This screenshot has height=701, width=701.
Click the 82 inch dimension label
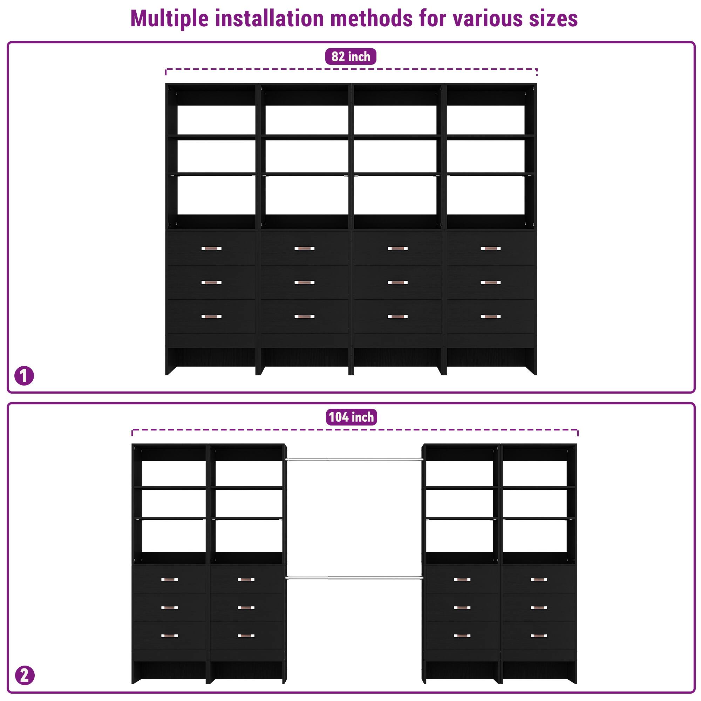[x=350, y=56]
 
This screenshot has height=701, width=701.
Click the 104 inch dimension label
[x=351, y=417]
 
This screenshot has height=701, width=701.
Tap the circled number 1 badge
[x=24, y=376]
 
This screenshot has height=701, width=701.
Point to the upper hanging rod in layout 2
[x=354, y=460]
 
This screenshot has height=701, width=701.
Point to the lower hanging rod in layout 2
[x=354, y=578]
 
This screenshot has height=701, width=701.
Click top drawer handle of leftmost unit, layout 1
[x=211, y=249]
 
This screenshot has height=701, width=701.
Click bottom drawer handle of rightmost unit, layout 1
[x=491, y=317]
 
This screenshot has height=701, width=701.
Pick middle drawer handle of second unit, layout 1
[x=305, y=282]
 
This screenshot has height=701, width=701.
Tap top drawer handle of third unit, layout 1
[x=397, y=249]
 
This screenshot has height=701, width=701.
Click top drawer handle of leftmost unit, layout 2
[x=169, y=579]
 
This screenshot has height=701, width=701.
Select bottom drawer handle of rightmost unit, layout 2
[x=538, y=636]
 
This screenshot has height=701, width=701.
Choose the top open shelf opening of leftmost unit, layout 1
[x=216, y=120]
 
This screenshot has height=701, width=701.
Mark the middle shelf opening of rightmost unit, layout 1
[x=485, y=156]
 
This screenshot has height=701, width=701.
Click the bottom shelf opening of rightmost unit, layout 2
[x=535, y=536]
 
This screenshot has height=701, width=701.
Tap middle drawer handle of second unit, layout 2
[x=246, y=607]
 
